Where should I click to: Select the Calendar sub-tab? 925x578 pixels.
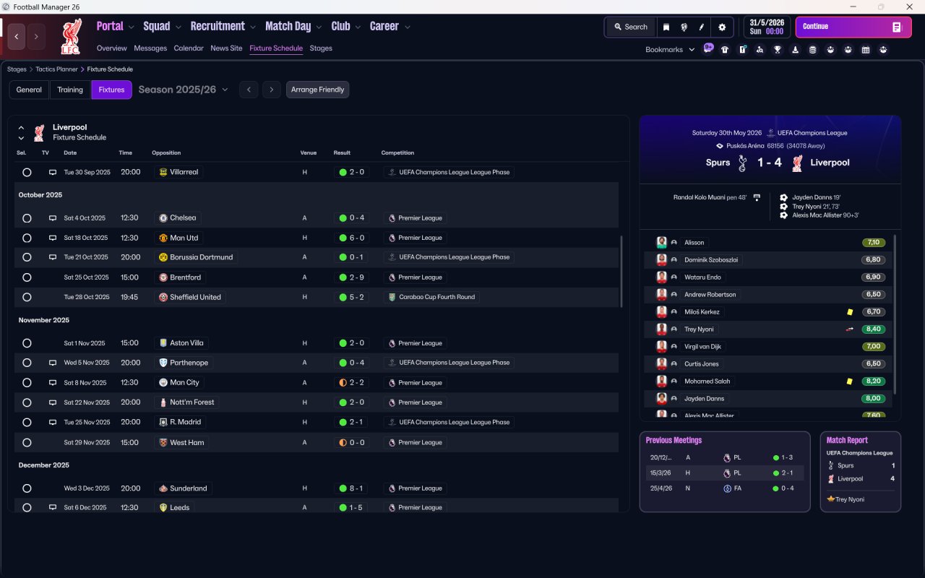189,48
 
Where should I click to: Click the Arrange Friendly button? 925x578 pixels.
317,90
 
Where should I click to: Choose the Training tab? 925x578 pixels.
70,90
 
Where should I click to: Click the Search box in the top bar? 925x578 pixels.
630,27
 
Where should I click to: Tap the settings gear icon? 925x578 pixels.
722,27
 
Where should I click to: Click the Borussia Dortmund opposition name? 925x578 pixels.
202,257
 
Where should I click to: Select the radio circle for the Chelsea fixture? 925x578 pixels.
27,218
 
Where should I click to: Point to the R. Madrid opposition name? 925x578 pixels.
185,422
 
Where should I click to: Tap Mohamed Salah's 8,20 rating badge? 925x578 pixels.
873,381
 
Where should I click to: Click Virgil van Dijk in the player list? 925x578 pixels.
702,347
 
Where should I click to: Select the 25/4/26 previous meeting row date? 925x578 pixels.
661,488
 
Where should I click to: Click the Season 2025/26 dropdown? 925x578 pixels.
183,90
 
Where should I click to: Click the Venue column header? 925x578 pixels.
309,153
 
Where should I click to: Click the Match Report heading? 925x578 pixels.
847,440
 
